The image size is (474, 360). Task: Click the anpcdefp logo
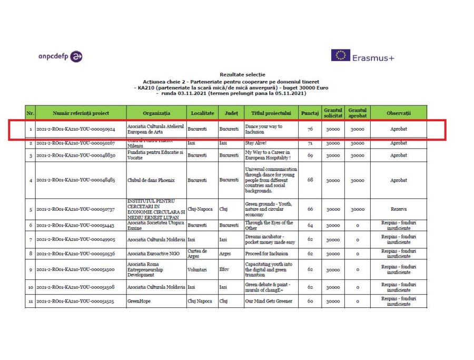click(x=61, y=56)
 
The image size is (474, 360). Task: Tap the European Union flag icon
click(x=340, y=55)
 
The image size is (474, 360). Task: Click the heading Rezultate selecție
click(x=242, y=75)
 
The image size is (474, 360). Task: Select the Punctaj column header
click(x=310, y=113)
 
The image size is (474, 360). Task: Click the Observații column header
click(x=398, y=113)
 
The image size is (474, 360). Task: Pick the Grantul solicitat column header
click(x=333, y=113)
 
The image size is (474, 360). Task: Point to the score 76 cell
click(x=310, y=129)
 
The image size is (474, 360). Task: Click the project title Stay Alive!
click(x=256, y=143)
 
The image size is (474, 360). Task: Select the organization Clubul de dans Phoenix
click(x=151, y=180)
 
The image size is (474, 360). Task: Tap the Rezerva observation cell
click(x=398, y=209)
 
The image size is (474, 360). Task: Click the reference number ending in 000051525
click(x=75, y=301)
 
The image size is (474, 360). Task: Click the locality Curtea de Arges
click(x=197, y=254)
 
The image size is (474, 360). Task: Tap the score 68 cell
click(x=310, y=180)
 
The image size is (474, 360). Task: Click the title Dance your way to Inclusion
click(x=264, y=129)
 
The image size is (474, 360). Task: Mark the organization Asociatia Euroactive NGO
click(x=151, y=254)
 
